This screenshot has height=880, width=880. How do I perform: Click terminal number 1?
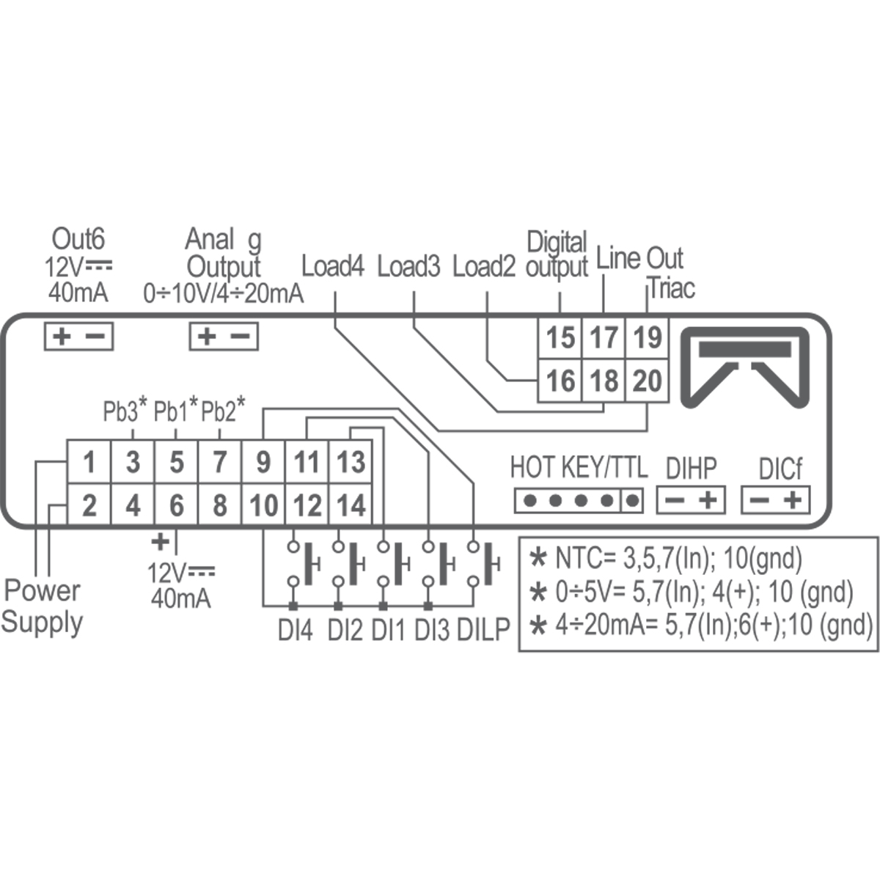coord(89,463)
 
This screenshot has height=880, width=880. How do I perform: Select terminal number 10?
coord(263,506)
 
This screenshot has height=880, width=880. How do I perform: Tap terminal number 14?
coord(351,506)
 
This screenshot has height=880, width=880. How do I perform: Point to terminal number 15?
coord(561,338)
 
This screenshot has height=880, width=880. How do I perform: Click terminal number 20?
coord(647,381)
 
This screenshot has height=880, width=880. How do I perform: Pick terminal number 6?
coord(176,506)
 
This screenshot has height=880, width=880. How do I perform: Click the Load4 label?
coord(333,266)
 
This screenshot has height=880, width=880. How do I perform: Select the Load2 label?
coord(484,266)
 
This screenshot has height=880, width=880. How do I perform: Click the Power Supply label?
coord(42,606)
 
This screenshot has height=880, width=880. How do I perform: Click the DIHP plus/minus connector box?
coord(691,500)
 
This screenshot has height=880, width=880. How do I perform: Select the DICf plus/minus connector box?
coord(776,500)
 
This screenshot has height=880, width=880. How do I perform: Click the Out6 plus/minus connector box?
coord(79,337)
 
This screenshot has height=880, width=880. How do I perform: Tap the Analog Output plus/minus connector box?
coord(224,337)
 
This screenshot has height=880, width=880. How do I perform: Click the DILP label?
coord(483,630)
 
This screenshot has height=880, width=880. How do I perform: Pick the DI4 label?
coord(295,630)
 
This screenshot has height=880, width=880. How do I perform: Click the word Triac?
coord(672,288)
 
